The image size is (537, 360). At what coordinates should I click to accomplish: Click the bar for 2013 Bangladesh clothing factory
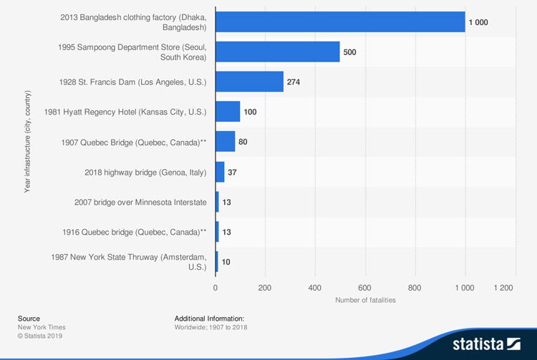[x=340, y=22]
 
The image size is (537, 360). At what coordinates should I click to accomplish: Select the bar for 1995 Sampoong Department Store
[x=278, y=52]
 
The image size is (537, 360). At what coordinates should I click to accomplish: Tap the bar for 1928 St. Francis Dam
[x=249, y=82]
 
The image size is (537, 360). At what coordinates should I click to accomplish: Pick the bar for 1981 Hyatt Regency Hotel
[x=228, y=112]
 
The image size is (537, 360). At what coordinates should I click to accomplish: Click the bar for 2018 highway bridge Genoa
[x=220, y=172]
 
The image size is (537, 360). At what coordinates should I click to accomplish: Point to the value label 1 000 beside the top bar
[x=478, y=22]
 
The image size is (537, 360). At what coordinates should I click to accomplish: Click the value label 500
[x=349, y=52]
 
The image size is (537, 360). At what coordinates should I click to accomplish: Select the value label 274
[x=293, y=82]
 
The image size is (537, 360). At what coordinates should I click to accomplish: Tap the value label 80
[x=243, y=142]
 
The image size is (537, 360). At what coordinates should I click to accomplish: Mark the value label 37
[x=232, y=172]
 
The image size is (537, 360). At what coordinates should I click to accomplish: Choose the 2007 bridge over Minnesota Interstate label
[x=140, y=203]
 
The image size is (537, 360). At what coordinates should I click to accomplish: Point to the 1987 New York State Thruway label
[x=129, y=261]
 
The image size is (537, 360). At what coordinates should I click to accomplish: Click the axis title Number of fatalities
[x=365, y=300]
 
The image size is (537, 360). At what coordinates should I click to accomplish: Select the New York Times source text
[x=42, y=327]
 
